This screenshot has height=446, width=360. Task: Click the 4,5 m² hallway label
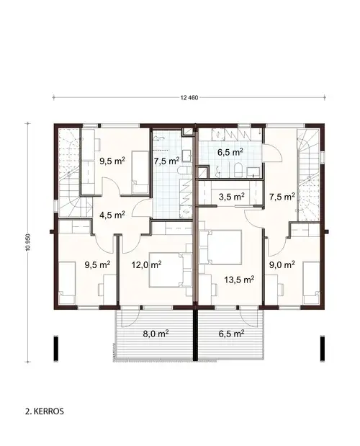coord(112,214)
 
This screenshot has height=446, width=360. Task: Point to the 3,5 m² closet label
coord(231,196)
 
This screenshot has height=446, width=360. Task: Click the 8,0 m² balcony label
coord(153,334)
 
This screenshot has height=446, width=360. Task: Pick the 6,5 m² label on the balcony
coord(230,334)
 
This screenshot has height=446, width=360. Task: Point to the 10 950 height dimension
coord(28,242)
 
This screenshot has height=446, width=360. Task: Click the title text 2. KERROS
coord(45,413)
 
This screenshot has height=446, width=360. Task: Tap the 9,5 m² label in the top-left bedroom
coord(112,161)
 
